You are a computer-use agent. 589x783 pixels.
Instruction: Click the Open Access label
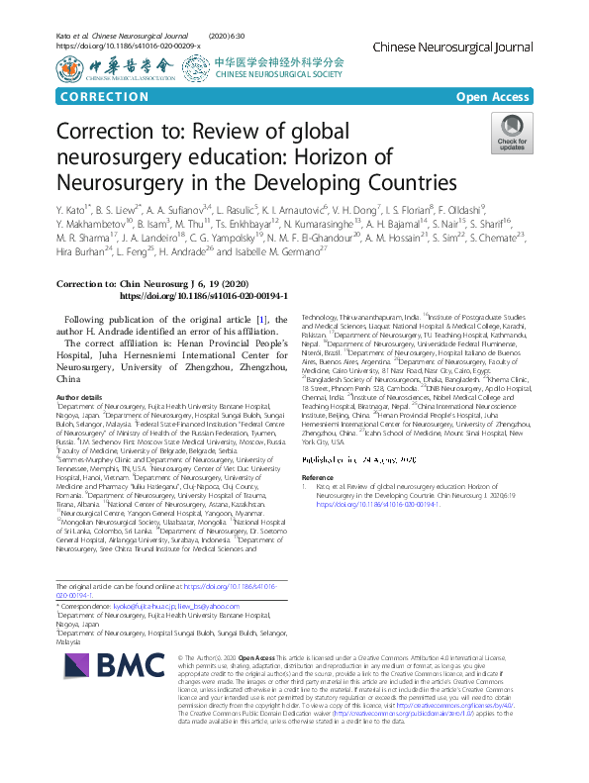(492, 96)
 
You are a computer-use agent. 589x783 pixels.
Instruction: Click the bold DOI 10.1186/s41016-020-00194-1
(203, 295)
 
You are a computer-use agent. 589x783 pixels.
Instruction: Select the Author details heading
(79, 396)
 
